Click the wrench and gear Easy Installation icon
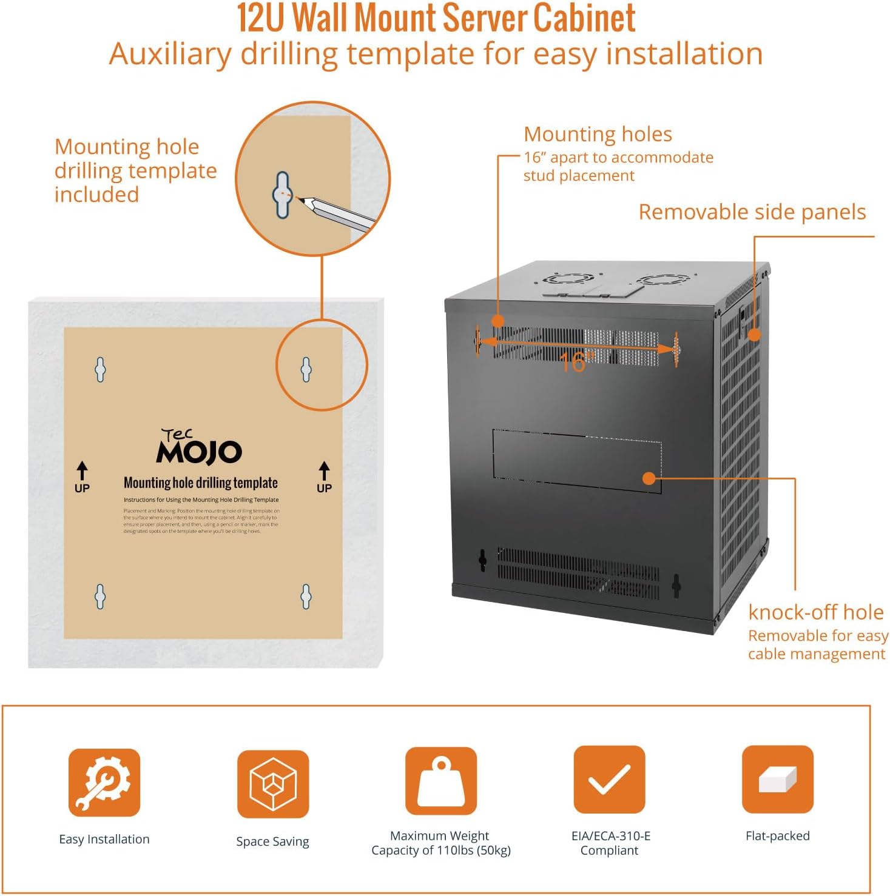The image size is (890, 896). pos(104,782)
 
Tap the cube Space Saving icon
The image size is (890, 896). pos(272,783)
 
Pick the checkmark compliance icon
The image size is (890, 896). pos(609,780)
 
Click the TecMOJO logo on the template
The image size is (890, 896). pos(199,447)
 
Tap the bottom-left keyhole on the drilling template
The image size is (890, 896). pos(101,597)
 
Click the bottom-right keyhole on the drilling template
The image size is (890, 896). pos(306,597)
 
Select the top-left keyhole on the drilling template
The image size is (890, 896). pos(101,369)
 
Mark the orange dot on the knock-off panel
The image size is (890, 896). pos(649,478)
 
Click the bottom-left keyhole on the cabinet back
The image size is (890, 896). pos(482,560)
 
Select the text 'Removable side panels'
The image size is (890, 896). pos(752,212)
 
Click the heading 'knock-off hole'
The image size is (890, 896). pos(815,612)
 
